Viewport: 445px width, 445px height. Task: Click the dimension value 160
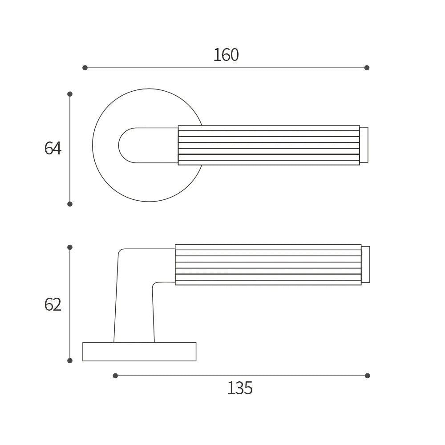(x=226, y=55)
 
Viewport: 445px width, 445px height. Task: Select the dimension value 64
(x=53, y=148)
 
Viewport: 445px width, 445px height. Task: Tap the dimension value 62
(x=53, y=304)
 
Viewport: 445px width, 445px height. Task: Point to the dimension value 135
(x=240, y=388)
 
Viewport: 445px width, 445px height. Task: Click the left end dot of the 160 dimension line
(x=85, y=68)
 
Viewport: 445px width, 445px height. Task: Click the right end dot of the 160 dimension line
(x=367, y=68)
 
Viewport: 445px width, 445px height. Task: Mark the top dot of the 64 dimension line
(x=70, y=94)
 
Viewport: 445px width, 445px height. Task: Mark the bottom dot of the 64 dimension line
(x=70, y=204)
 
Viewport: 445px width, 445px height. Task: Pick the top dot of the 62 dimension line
(x=70, y=247)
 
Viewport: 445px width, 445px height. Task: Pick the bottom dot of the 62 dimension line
(x=70, y=360)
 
